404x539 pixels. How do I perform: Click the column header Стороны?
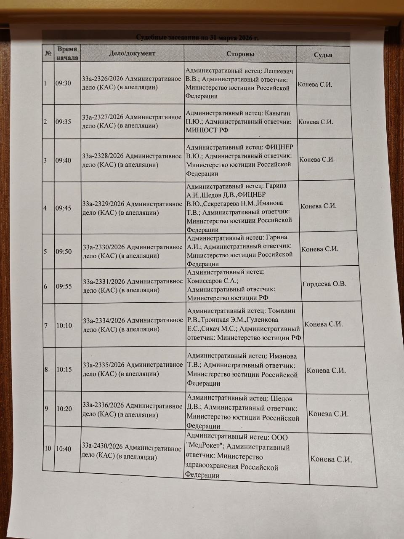(240, 54)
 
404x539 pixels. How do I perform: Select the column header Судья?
(323, 55)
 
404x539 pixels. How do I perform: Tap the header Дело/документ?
(132, 53)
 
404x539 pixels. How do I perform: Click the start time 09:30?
(63, 83)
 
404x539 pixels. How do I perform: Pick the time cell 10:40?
(64, 449)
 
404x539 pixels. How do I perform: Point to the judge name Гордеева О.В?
(324, 284)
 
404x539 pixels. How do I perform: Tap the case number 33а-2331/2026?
(103, 281)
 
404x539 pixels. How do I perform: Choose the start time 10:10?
(64, 326)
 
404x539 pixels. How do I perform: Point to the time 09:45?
(63, 208)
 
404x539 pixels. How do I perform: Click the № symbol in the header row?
(48, 53)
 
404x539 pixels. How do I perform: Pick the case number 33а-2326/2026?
(102, 79)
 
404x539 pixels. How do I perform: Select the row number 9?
(46, 408)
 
